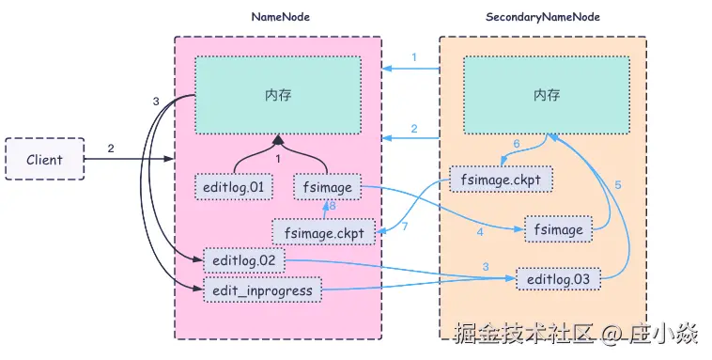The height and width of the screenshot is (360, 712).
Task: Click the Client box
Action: (45, 159)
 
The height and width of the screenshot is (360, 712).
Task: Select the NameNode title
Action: (281, 17)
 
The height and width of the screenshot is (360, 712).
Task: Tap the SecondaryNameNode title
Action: (543, 17)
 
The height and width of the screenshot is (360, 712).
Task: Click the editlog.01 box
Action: (233, 187)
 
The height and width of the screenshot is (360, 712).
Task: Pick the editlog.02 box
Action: (244, 261)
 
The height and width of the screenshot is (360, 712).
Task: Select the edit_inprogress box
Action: (262, 290)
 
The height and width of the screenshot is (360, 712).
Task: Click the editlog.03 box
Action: (559, 279)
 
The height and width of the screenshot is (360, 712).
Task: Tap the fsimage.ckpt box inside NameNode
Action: (324, 233)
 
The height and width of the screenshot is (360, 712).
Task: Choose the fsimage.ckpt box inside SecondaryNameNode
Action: (501, 180)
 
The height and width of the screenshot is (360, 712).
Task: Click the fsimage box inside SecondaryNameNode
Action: (559, 229)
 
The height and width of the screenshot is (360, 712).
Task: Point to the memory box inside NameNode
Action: (278, 95)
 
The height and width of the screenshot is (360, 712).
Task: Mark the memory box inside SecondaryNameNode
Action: (547, 95)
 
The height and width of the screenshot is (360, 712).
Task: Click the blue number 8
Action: (333, 207)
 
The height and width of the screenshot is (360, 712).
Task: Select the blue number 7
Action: (405, 226)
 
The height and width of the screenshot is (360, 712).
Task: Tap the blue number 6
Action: (517, 144)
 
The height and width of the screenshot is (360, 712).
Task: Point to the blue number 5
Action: (618, 185)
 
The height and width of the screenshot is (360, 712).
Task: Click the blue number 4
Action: (480, 232)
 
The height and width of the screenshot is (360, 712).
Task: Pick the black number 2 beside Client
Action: (111, 149)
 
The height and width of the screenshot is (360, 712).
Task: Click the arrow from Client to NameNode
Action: (129, 159)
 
